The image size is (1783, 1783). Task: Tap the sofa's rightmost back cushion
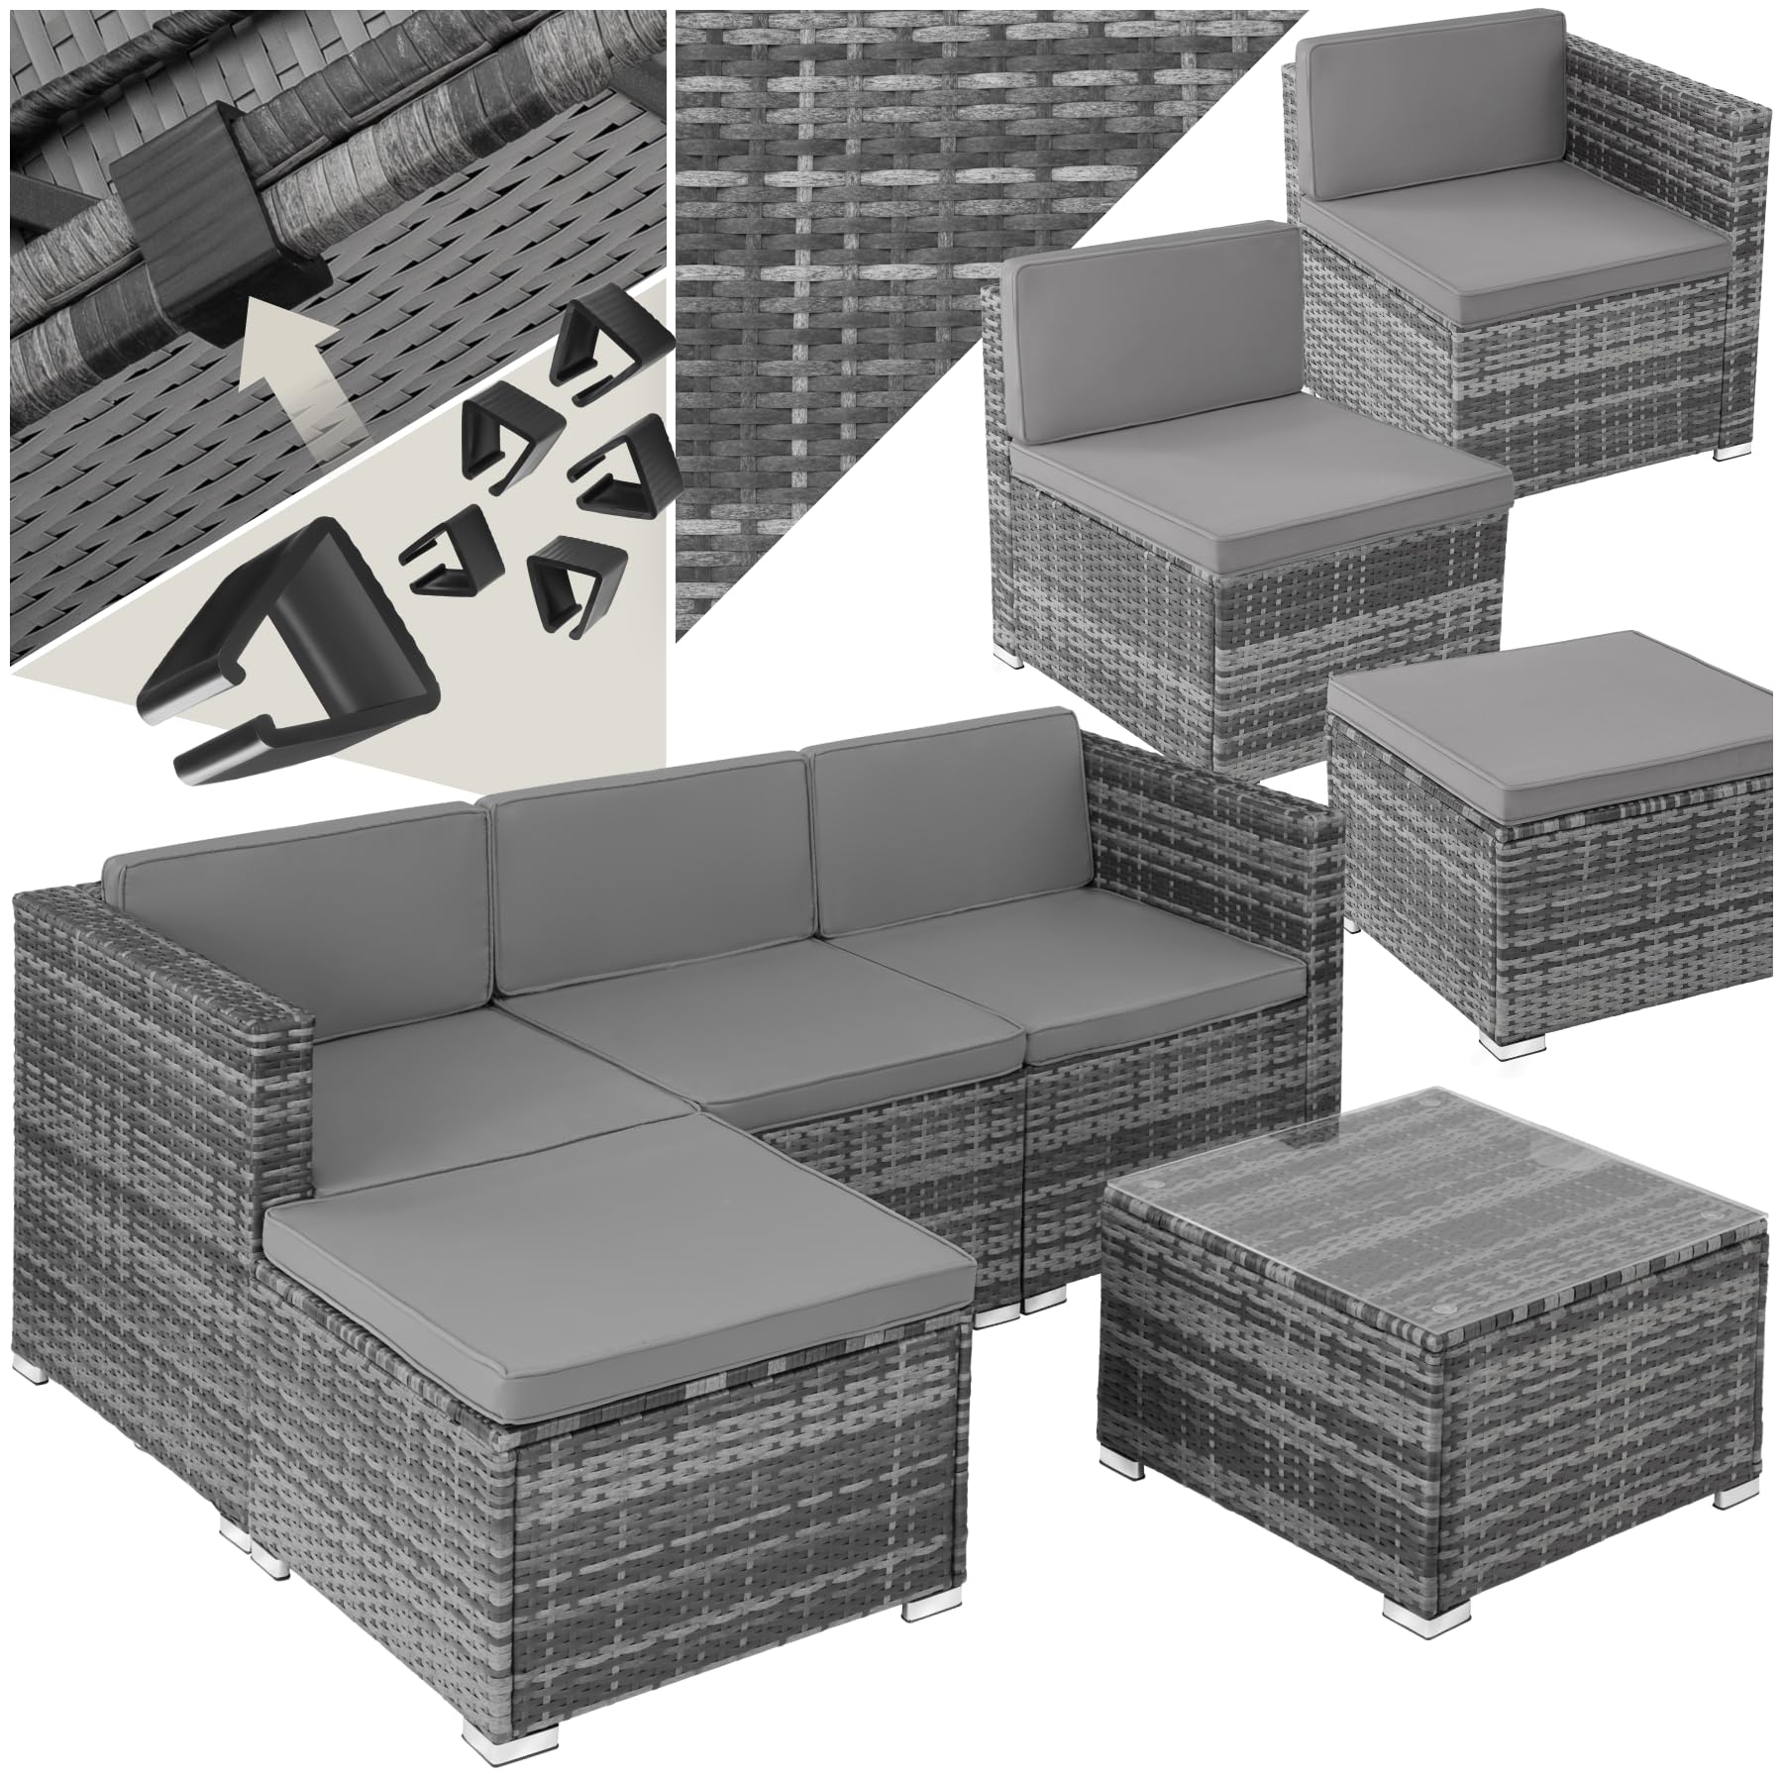point(951,837)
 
